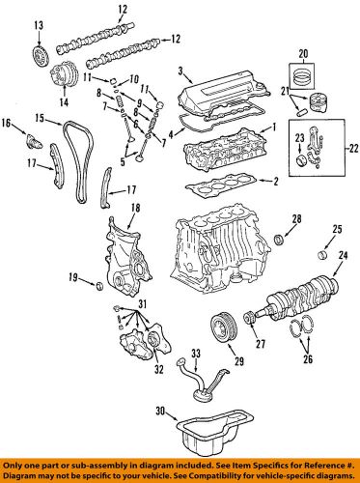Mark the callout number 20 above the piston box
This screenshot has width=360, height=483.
tap(302, 54)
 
